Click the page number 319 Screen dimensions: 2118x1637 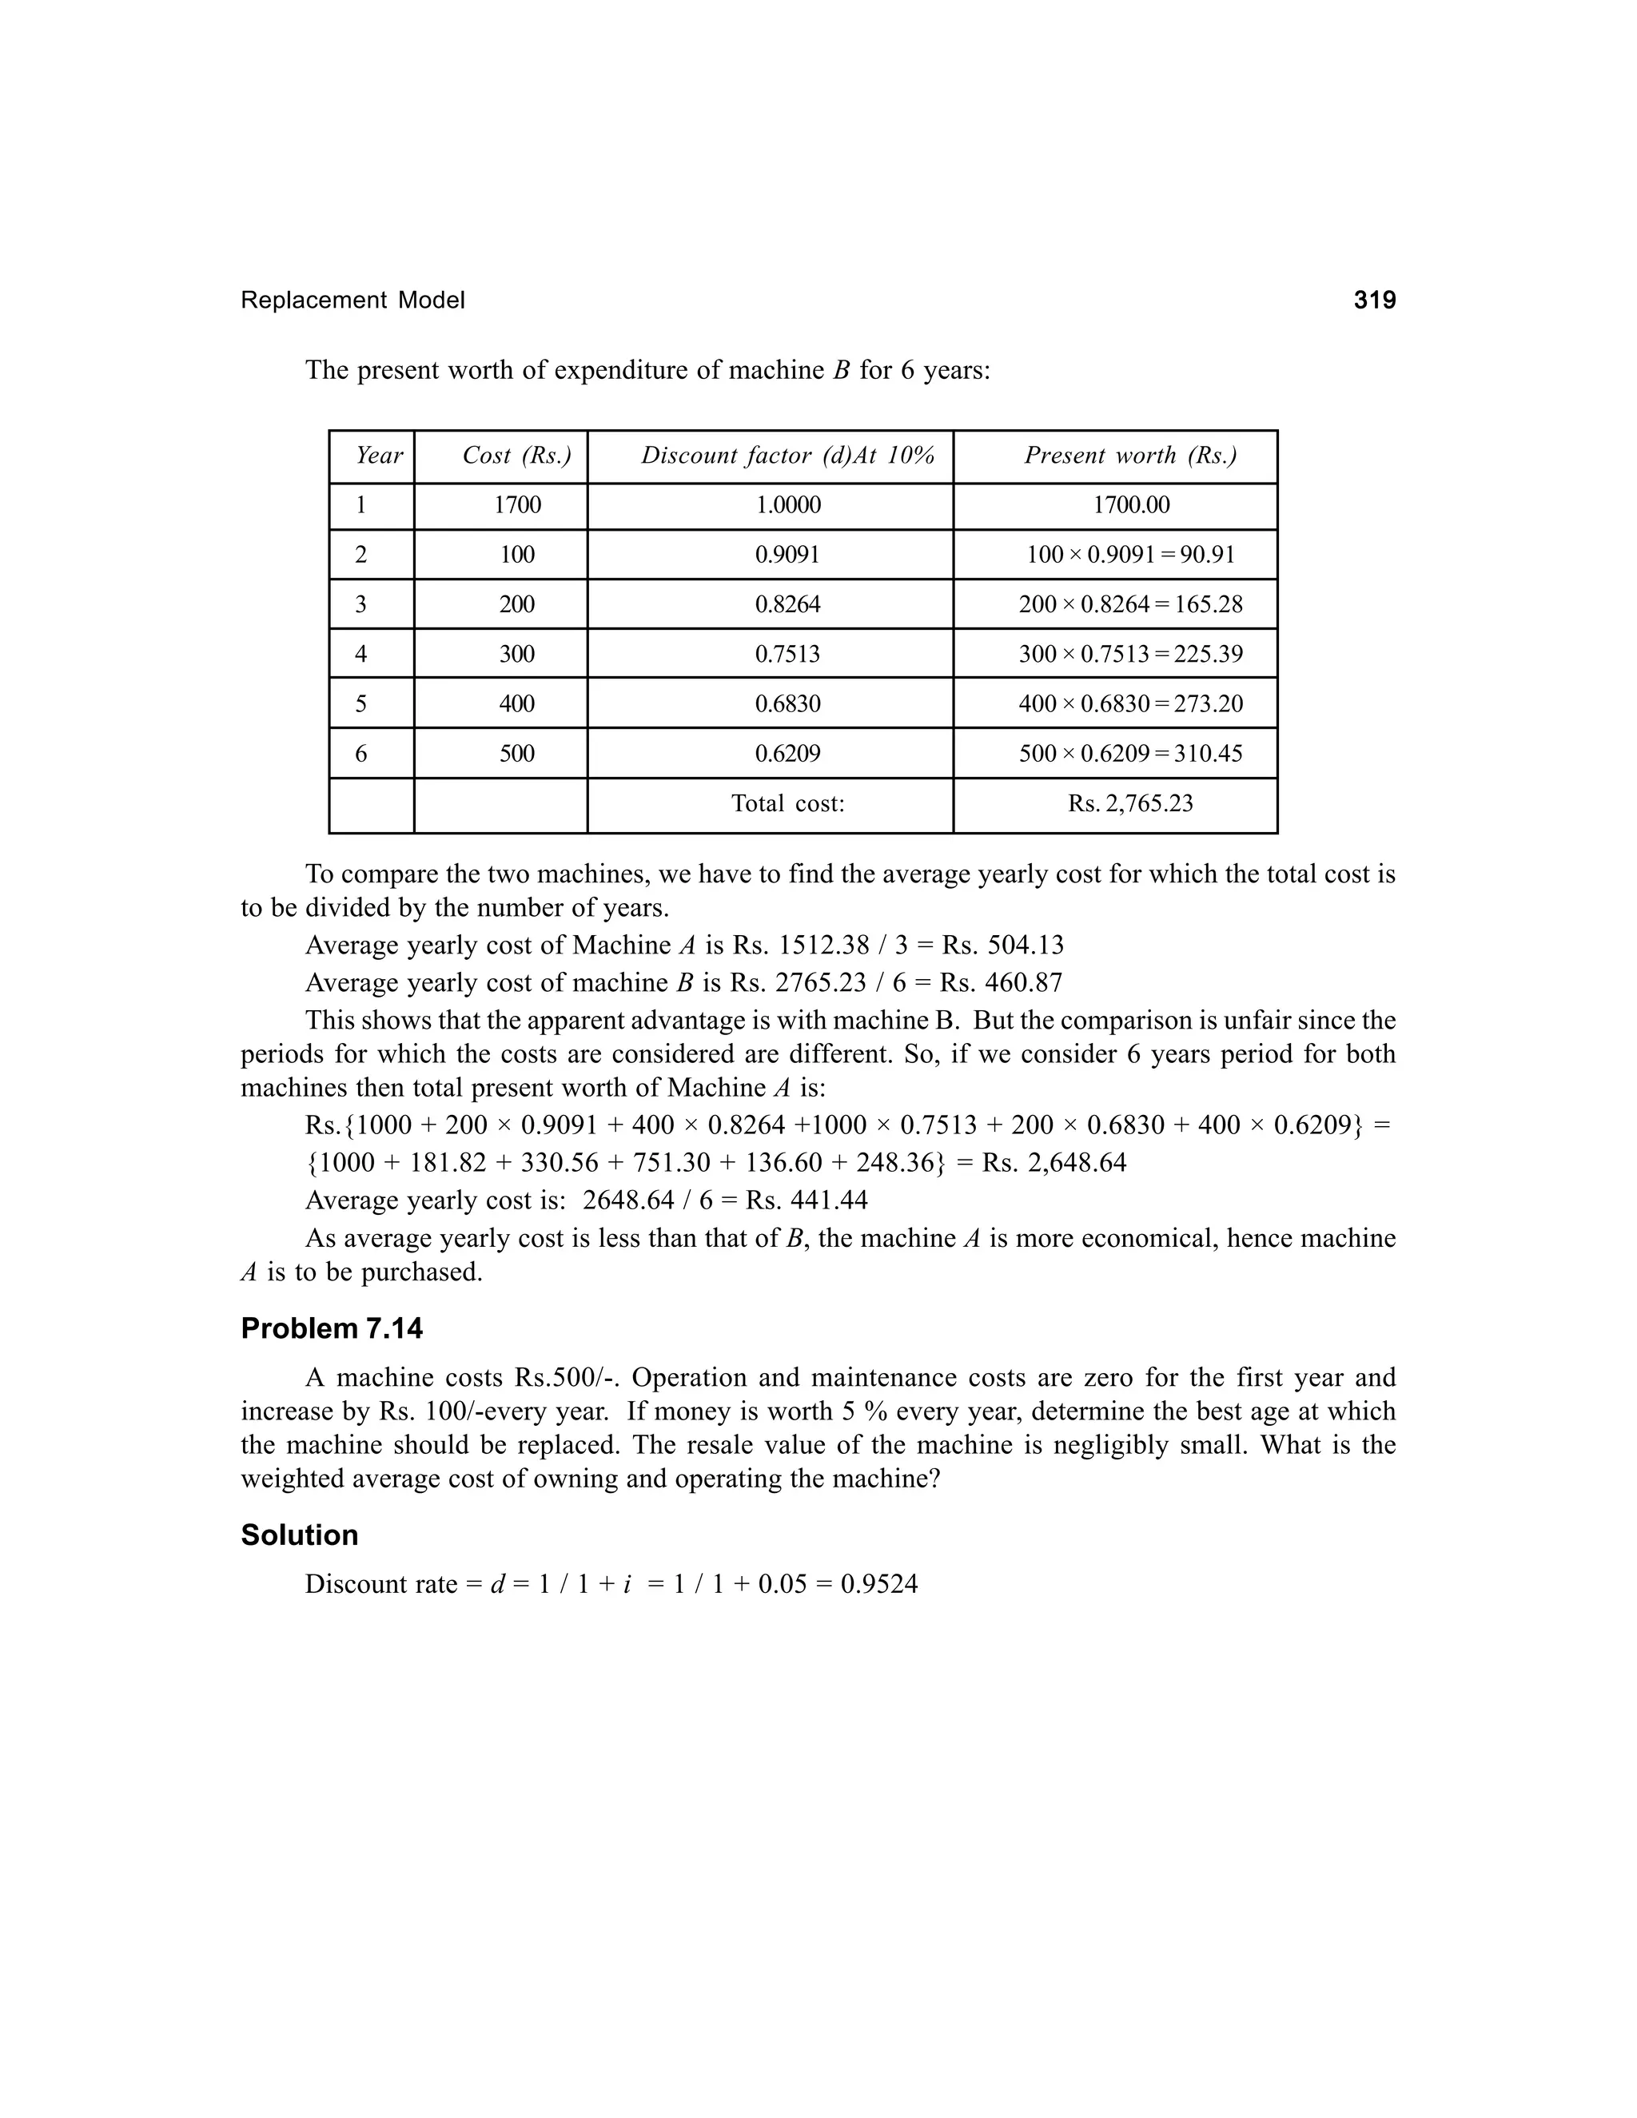pos(1374,301)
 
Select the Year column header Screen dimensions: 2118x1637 pos(378,456)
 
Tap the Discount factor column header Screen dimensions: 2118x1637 pos(787,456)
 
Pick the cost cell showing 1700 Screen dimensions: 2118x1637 pos(517,505)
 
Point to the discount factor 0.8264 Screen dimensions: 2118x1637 pos(787,605)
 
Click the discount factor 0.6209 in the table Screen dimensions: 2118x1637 pos(787,754)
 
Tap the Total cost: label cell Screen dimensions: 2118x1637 pos(787,804)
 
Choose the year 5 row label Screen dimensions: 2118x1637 pos(360,704)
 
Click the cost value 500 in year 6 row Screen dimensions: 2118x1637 pos(517,754)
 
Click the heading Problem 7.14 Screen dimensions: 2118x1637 pos(332,1328)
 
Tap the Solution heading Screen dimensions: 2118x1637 pos(299,1535)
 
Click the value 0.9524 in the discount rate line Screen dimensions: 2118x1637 pos(878,1585)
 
